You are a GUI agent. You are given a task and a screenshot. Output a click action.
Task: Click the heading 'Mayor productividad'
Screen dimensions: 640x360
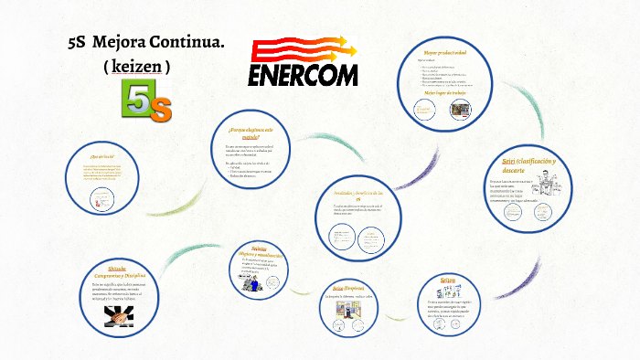444,52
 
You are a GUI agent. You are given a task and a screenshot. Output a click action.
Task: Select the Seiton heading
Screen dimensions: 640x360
447,280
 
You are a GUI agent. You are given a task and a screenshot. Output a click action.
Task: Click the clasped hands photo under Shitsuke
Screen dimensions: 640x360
118,313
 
